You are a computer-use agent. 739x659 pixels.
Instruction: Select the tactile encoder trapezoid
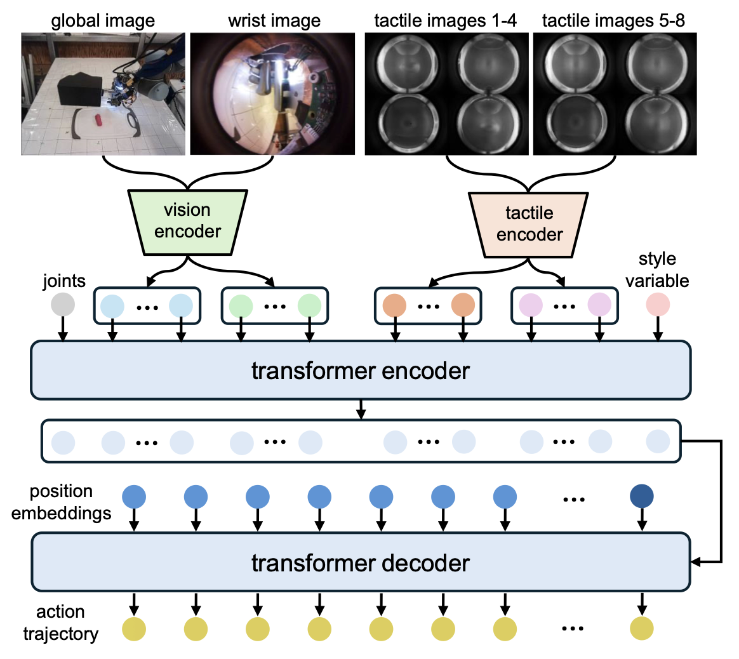[529, 224]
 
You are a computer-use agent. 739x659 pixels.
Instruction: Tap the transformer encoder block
[360, 371]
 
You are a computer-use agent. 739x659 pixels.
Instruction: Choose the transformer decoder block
[360, 563]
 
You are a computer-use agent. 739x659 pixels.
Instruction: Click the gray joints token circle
[63, 305]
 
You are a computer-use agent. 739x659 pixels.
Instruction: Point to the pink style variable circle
[658, 305]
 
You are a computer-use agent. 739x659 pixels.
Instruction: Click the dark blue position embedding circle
[642, 496]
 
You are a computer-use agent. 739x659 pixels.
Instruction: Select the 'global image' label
[103, 21]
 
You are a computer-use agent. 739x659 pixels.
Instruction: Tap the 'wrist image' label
[274, 21]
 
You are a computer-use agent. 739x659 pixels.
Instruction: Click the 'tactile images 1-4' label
[445, 21]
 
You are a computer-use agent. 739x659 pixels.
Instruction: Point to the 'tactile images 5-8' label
[613, 21]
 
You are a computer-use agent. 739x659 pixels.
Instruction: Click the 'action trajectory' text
[60, 623]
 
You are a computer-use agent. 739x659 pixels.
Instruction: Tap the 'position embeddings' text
[61, 502]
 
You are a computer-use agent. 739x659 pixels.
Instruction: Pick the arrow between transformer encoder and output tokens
[361, 409]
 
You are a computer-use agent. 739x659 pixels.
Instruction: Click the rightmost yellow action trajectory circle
[642, 629]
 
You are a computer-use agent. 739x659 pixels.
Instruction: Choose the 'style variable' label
[657, 269]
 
